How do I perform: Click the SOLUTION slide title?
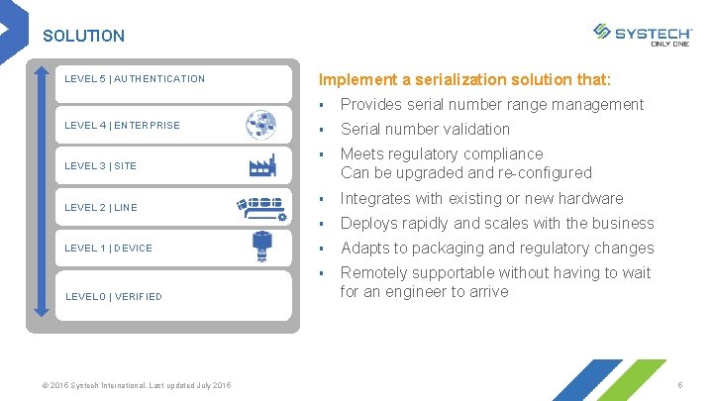coord(84,36)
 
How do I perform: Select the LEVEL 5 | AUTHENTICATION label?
coord(135,79)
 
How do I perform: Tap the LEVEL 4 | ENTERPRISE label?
coord(122,126)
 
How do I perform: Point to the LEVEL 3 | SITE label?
coord(100,166)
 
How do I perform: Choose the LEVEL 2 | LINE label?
coord(100,208)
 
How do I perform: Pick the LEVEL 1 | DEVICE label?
coord(108,249)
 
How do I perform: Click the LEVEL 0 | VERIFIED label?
coord(113,296)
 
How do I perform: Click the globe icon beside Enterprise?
coord(262,125)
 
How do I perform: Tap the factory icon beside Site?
coord(261,164)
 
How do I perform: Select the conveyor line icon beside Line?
coord(261,207)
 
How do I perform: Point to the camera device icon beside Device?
coord(261,247)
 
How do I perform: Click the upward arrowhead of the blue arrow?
coord(41,72)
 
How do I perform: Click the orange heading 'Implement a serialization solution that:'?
coord(464,79)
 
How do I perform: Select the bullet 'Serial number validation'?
coord(425,129)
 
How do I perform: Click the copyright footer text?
coord(138,384)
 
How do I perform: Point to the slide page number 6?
coord(680,384)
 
